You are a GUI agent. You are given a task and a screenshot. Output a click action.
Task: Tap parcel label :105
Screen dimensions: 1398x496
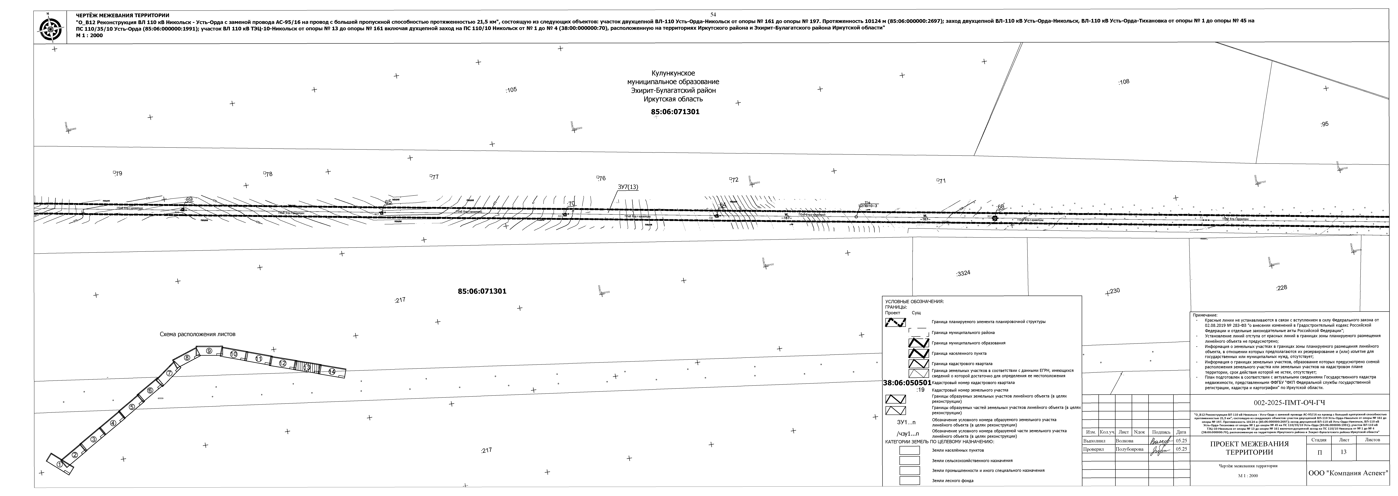coord(511,90)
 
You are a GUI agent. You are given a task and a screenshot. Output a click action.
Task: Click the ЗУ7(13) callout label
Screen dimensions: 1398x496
coord(628,187)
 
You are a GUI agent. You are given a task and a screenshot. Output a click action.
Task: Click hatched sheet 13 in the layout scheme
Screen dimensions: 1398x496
coord(307,367)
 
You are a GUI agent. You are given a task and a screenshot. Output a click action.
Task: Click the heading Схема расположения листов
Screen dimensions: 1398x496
coord(198,335)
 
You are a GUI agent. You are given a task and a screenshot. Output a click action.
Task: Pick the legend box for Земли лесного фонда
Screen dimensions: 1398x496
coord(910,480)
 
